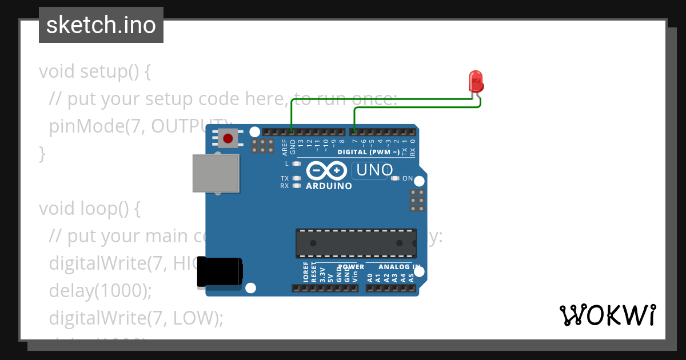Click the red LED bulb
[x=476, y=82]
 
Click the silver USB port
[x=216, y=173]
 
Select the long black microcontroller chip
[x=356, y=243]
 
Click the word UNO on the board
[x=375, y=170]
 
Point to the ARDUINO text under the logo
[x=329, y=186]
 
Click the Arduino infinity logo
[x=327, y=171]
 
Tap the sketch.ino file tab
[x=101, y=25]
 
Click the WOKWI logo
[x=607, y=315]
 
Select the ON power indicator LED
[x=395, y=178]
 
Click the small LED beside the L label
[x=296, y=163]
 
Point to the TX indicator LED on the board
[x=296, y=178]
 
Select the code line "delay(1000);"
[x=101, y=290]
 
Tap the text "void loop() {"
[x=90, y=209]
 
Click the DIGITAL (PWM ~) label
[x=369, y=152]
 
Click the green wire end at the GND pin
[x=292, y=131]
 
